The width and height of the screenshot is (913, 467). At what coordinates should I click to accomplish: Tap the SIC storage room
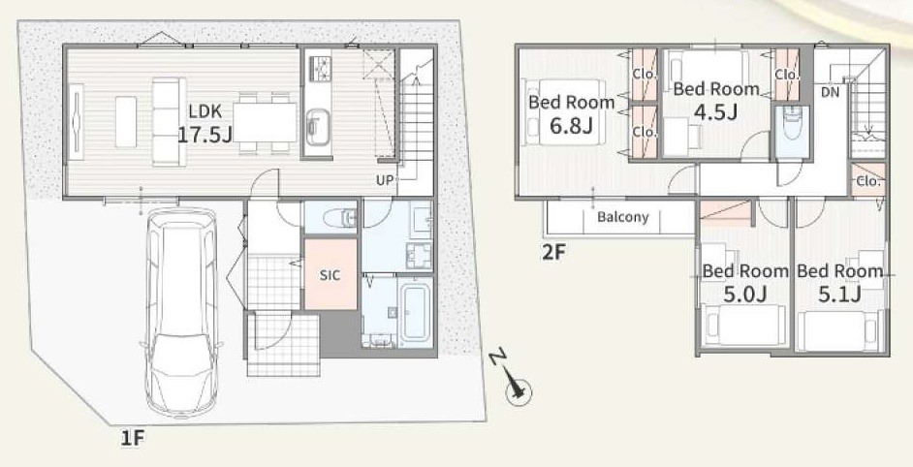coord(331,274)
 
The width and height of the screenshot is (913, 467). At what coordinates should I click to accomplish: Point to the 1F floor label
coord(132,439)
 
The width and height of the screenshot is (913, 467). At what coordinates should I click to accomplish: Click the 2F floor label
coord(552,253)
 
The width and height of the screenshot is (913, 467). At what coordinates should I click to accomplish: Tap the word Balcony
coord(622,217)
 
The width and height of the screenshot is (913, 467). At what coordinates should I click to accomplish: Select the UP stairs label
coord(385,180)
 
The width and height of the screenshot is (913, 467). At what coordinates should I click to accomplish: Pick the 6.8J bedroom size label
coord(572,125)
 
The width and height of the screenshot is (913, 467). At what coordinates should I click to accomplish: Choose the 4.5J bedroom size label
coord(715,110)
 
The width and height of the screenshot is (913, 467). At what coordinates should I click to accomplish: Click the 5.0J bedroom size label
coord(744,295)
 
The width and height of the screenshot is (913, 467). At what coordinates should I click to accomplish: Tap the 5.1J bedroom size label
coord(839,295)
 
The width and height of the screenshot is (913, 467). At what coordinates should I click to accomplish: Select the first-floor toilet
coord(338,218)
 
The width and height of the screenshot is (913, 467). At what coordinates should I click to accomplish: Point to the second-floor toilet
coord(791,123)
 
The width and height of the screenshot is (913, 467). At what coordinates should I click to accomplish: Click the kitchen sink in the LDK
coord(317,127)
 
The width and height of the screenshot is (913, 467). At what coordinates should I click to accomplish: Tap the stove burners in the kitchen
coord(319,67)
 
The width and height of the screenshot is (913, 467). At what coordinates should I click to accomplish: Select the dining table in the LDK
coord(265,122)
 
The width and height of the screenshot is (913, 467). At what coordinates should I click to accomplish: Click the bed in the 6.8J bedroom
coord(562,111)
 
